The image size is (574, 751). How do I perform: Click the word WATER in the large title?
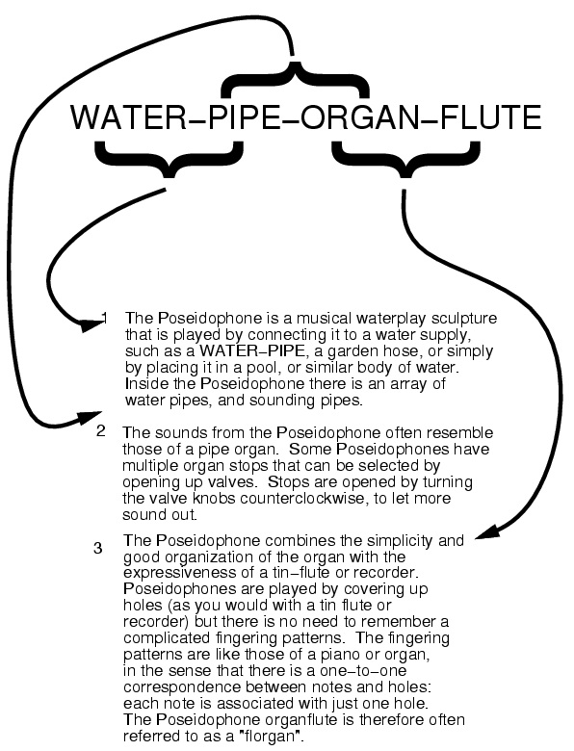128,117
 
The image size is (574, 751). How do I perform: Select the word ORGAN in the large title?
360,117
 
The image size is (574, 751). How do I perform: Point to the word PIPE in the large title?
245,117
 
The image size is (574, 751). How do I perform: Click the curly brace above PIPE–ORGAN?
295,79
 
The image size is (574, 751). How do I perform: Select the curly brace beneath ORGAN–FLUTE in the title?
406,161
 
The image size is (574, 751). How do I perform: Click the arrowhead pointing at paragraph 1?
92,324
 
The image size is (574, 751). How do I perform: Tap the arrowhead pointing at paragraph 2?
91,418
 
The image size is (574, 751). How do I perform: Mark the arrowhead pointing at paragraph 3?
488,532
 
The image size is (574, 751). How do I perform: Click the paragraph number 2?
100,431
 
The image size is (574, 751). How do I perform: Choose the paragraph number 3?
98,548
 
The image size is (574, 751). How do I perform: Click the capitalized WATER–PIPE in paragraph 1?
252,351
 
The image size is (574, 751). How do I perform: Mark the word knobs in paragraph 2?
214,498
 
